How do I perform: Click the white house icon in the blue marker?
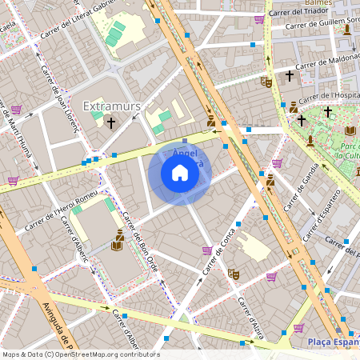click(180, 173)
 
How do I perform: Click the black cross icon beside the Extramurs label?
click(111, 123)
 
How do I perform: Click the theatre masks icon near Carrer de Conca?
click(234, 273)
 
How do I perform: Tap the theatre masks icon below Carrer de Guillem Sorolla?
click(266, 81)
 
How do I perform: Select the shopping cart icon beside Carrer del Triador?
click(258, 19)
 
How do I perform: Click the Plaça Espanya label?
click(333, 342)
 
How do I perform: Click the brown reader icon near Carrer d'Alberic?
click(118, 238)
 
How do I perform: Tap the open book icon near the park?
click(350, 130)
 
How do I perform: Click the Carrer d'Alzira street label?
click(250, 318)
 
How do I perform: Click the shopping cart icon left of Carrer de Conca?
click(207, 250)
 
